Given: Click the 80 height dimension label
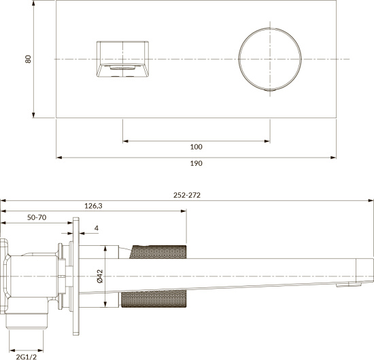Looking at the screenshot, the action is click(x=28, y=59).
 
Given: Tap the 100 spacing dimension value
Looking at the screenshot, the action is click(x=196, y=147).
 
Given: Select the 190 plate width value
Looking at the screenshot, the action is click(x=196, y=163).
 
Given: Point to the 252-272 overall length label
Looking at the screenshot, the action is click(x=187, y=195).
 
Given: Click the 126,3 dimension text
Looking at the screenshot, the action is click(x=93, y=206).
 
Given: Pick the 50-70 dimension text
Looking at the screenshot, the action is click(x=37, y=217).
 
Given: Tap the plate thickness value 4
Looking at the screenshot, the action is click(x=97, y=228).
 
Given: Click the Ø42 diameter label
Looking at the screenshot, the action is click(x=100, y=276).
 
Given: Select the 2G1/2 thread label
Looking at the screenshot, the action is click(x=27, y=357).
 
